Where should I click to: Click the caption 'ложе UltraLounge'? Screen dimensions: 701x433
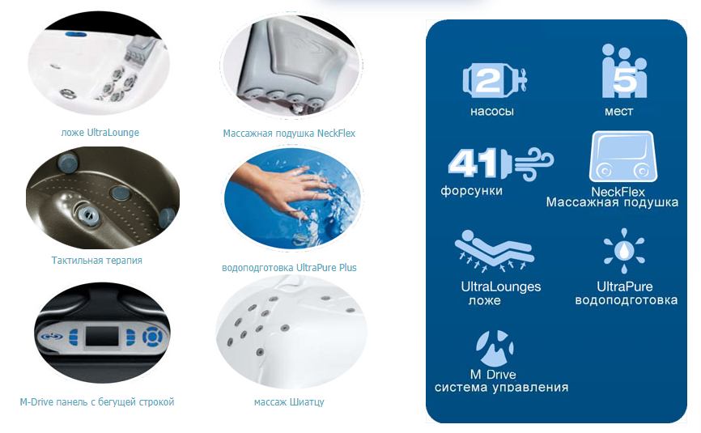(100, 133)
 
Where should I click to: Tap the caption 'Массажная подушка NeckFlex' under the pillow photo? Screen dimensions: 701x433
(289, 134)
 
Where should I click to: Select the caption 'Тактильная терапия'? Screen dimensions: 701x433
(96, 260)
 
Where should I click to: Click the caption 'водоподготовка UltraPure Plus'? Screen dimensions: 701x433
(289, 268)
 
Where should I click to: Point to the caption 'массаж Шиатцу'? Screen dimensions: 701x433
(289, 401)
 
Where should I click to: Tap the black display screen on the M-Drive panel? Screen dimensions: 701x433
(102, 336)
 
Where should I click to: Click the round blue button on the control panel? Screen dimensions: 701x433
(153, 336)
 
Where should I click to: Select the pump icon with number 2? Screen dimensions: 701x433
(494, 80)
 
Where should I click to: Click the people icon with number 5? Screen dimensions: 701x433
(624, 71)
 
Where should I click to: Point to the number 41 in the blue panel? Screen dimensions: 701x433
(473, 163)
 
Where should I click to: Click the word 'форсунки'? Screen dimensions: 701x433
(472, 191)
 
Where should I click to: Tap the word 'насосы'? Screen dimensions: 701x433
(492, 111)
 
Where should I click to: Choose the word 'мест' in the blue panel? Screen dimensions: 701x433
(619, 111)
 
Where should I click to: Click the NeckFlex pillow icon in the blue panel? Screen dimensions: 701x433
(623, 156)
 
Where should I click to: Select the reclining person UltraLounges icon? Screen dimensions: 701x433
(494, 251)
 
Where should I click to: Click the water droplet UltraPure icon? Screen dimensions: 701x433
(624, 251)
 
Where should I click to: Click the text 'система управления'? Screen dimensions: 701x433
(502, 388)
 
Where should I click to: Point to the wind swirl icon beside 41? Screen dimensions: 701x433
(534, 163)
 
